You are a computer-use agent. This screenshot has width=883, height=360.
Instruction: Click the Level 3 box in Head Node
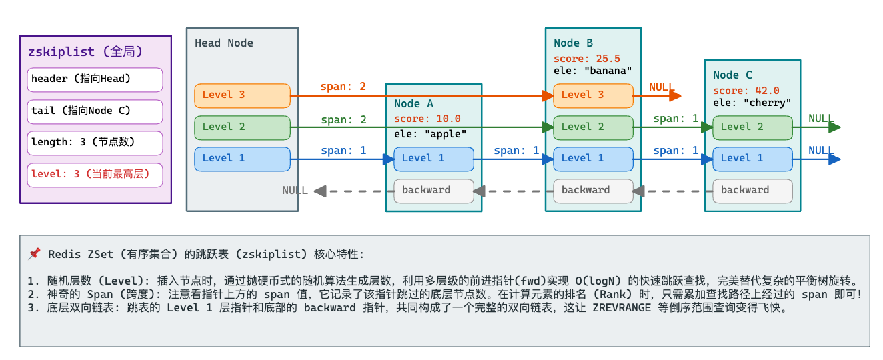pos(242,95)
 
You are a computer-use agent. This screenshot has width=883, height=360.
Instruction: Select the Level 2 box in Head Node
pos(242,127)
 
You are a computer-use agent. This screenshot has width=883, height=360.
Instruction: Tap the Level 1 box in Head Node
pos(242,159)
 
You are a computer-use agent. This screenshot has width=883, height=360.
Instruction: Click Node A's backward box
pos(433,191)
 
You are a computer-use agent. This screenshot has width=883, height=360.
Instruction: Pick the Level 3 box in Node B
pos(593,95)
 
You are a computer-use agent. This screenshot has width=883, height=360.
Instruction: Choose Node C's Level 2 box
pos(752,127)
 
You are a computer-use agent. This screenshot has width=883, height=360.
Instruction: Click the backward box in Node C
pos(752,191)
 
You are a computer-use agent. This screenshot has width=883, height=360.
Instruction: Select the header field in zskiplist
pos(95,79)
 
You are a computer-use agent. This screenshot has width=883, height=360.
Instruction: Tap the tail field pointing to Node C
pos(95,111)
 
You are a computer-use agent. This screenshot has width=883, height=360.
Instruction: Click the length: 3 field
pos(95,143)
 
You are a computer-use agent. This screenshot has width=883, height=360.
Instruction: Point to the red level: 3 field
pos(95,175)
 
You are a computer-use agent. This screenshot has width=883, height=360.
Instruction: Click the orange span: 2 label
pos(343,87)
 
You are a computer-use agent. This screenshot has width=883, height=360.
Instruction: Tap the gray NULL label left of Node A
pos(295,191)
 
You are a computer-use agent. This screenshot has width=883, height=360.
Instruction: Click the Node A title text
pos(413,104)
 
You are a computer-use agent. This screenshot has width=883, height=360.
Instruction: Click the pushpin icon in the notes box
pos(35,254)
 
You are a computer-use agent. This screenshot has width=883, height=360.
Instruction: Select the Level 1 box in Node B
pos(593,159)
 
